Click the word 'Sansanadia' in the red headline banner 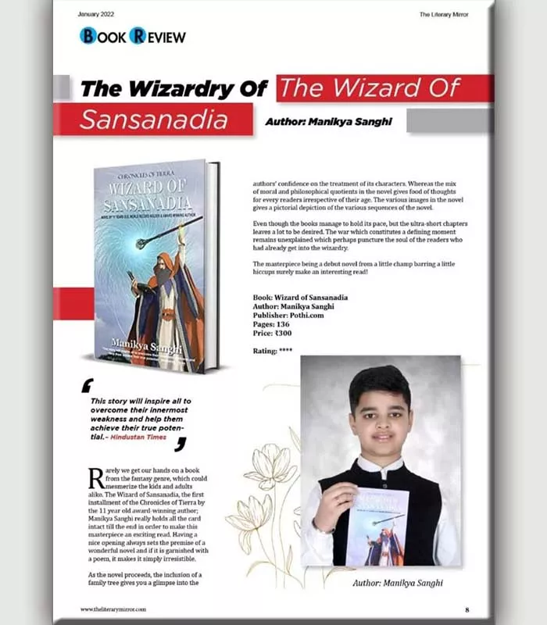(x=154, y=120)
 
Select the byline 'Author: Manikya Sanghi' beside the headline (x=329, y=122)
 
